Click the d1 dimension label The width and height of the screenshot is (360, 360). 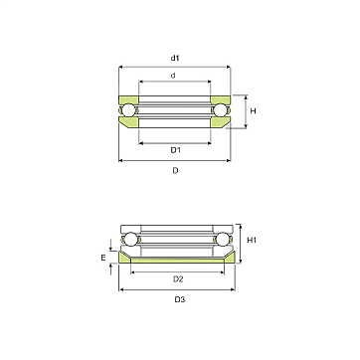coord(175,58)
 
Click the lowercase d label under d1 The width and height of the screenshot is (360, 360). coord(173,76)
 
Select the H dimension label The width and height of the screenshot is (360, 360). coord(253,111)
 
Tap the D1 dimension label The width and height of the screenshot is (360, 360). coord(175,150)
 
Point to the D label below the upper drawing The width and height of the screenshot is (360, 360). coord(175,171)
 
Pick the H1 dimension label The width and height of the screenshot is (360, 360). coord(252,240)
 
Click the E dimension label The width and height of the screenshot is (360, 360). coord(103,258)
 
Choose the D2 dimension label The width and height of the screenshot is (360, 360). coord(178,279)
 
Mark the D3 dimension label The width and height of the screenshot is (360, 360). coord(180,299)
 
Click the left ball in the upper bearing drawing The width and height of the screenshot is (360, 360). coord(128,110)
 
